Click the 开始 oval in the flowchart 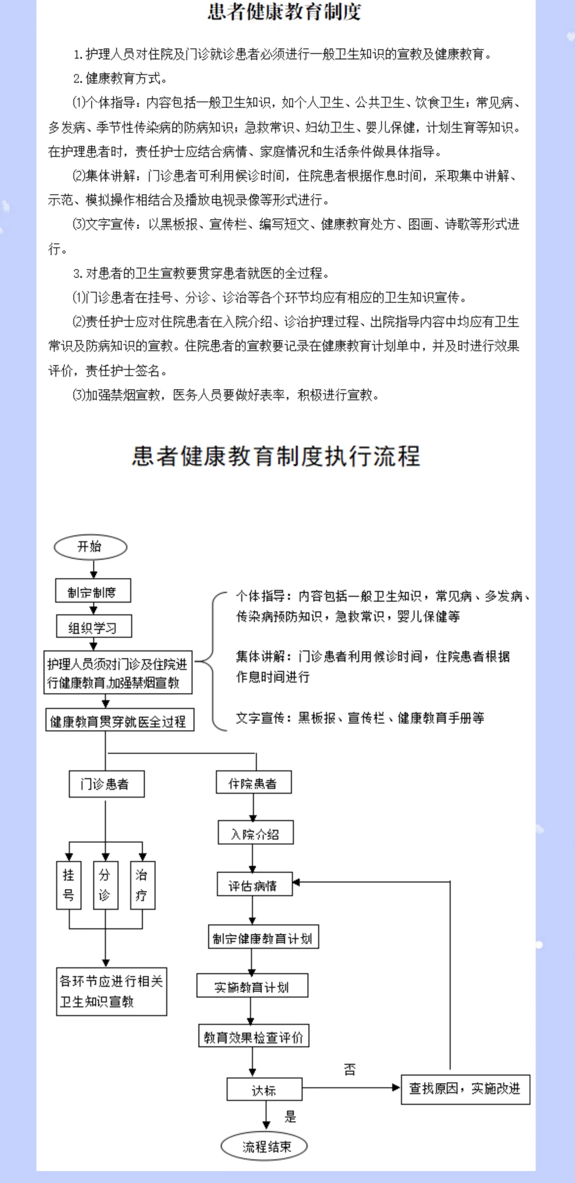pos(90,547)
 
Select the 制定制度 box pos(93,591)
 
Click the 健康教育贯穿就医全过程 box pos(119,720)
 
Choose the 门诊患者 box pos(106,784)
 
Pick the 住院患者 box pos(254,782)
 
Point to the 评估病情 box pos(254,884)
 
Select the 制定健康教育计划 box pos(263,937)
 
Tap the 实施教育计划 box pos(252,986)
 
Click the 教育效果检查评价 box pos(254,1036)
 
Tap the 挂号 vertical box pos(69,885)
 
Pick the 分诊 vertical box pos(105,885)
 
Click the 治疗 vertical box pos(142,885)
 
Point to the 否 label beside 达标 pos(350,1070)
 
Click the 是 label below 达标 pos(290,1117)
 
